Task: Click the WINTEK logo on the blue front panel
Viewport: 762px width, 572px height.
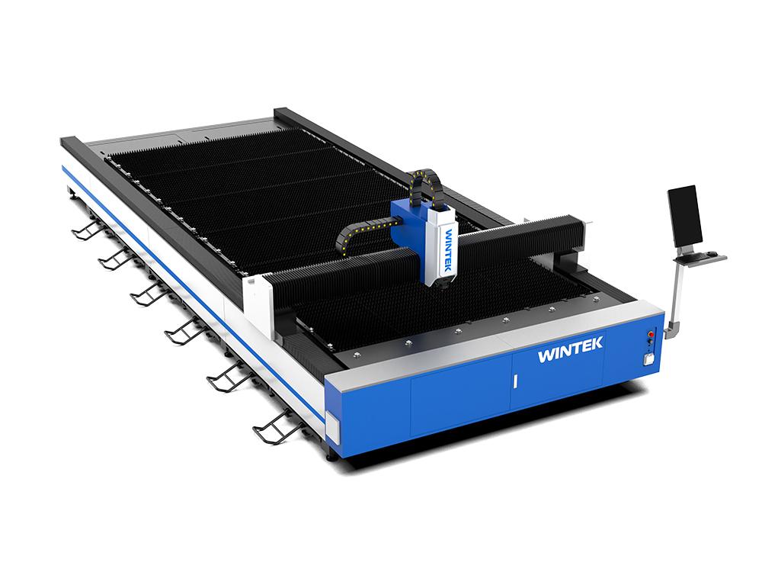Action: tap(570, 350)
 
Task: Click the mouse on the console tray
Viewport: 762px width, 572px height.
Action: tap(713, 253)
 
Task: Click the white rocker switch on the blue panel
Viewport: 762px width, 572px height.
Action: tap(648, 359)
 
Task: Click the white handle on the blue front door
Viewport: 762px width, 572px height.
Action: tap(514, 381)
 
